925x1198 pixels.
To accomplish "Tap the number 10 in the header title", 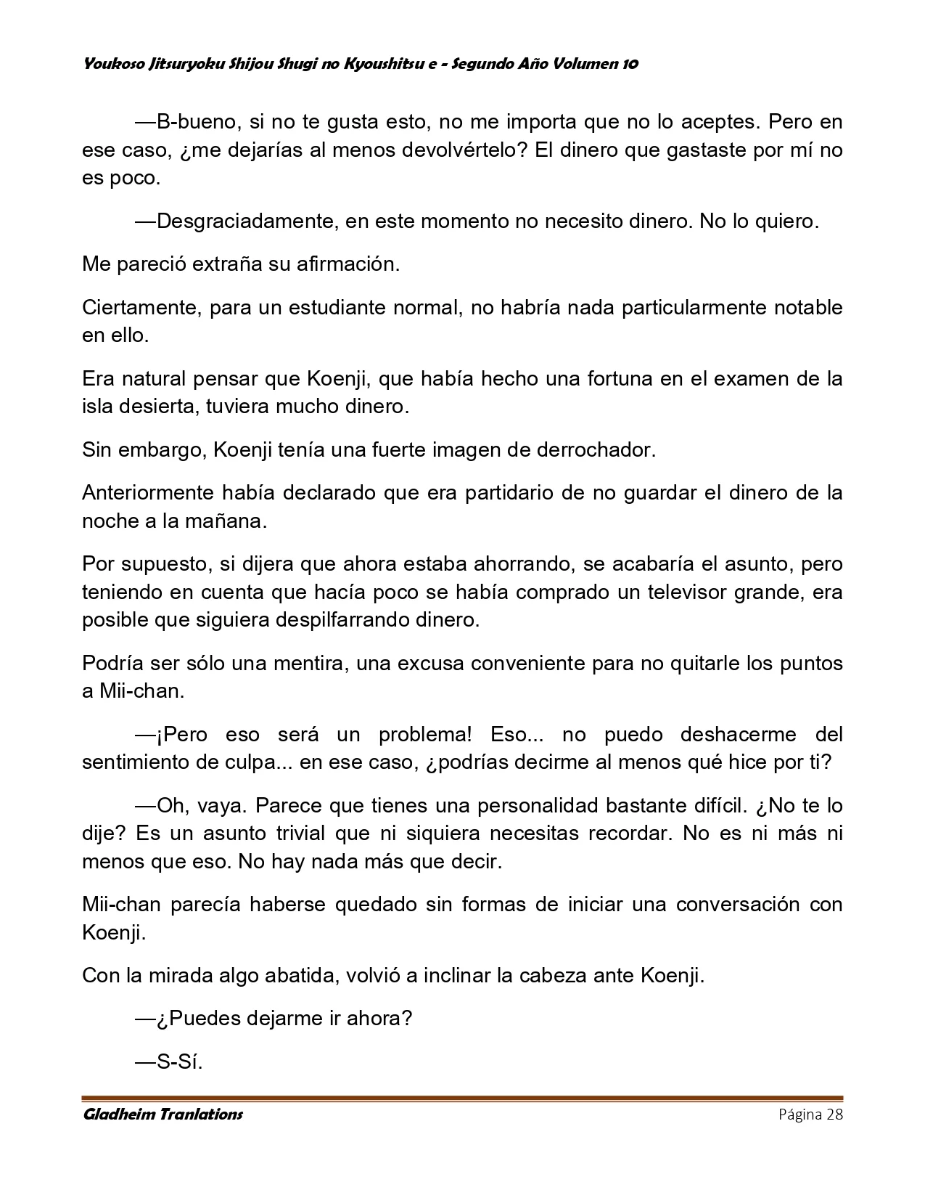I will click(x=629, y=64).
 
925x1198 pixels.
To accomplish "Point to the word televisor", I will click(x=694, y=592).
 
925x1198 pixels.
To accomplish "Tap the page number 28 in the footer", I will click(x=833, y=1115).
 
